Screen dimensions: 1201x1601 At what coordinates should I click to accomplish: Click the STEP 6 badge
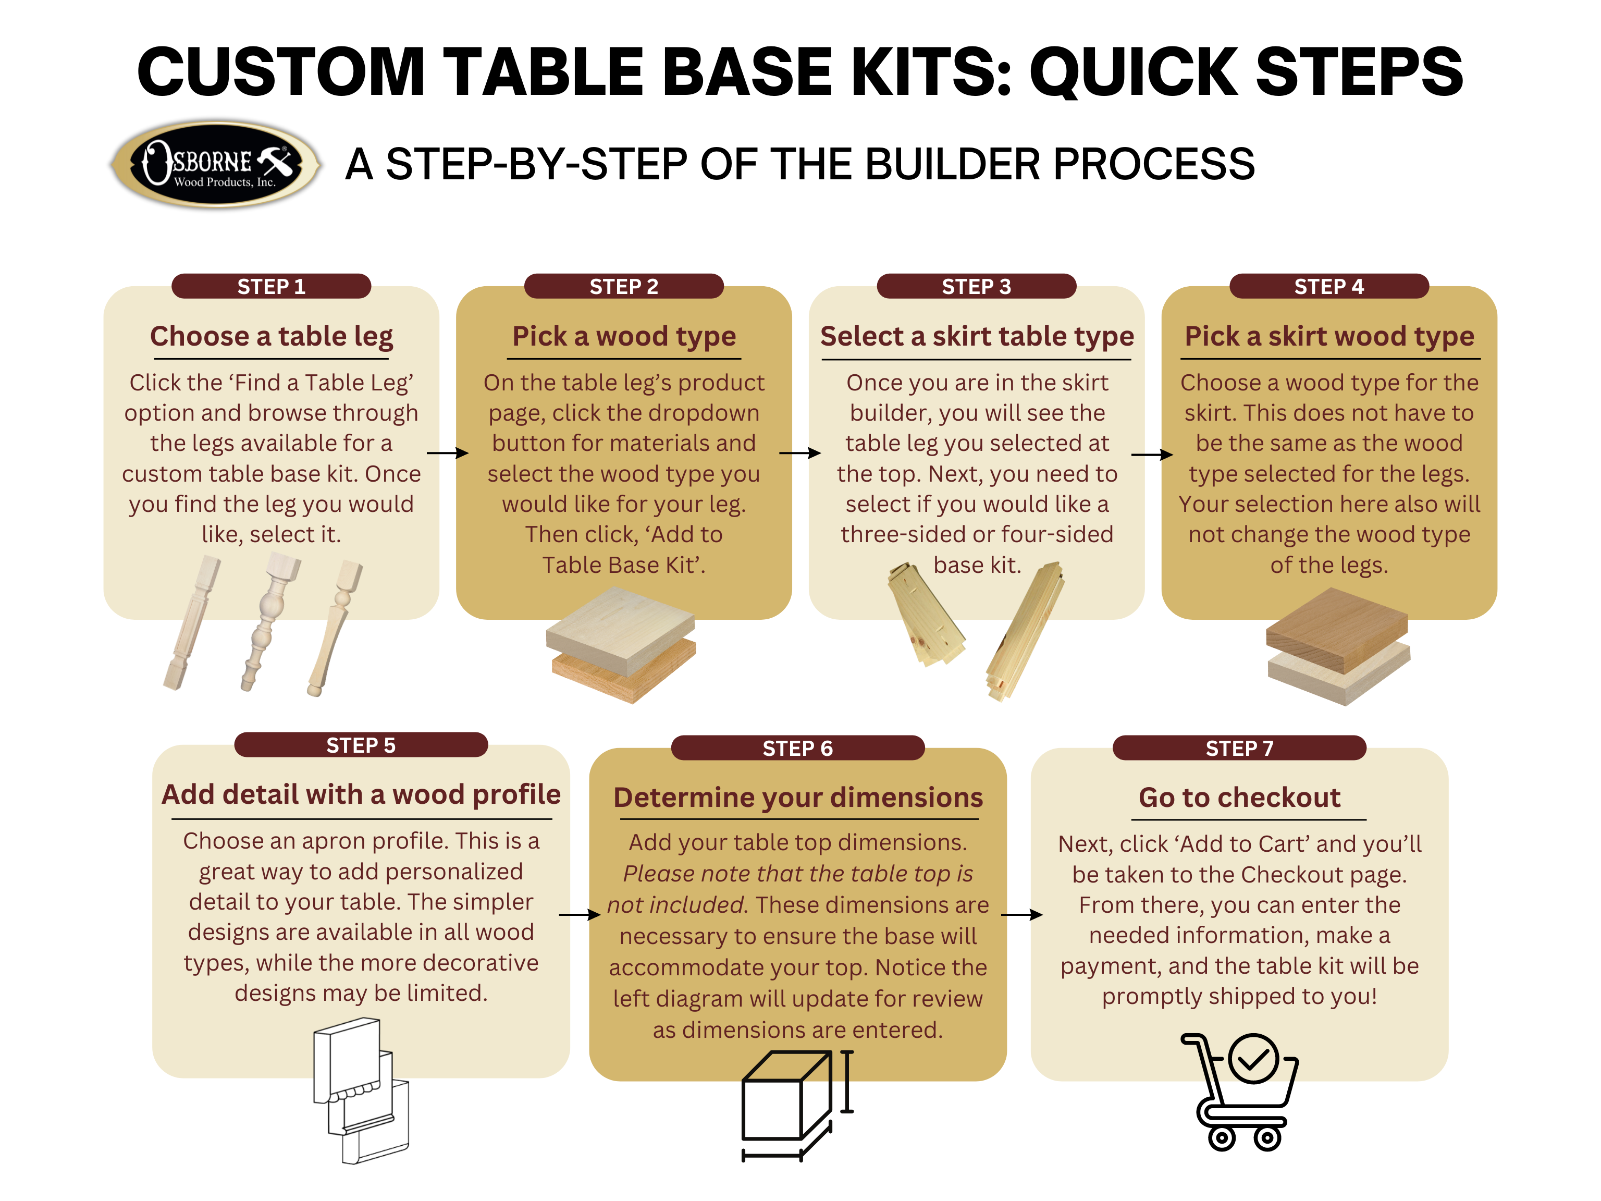[797, 748]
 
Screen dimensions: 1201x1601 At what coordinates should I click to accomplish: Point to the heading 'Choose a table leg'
[272, 337]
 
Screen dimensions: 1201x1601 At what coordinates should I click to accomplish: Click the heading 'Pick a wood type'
[624, 337]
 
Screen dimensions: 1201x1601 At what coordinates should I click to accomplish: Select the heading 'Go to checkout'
[1239, 798]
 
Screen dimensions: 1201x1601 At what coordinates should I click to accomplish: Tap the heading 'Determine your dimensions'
[797, 798]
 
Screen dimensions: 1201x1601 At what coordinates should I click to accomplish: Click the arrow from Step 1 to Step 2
[447, 453]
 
